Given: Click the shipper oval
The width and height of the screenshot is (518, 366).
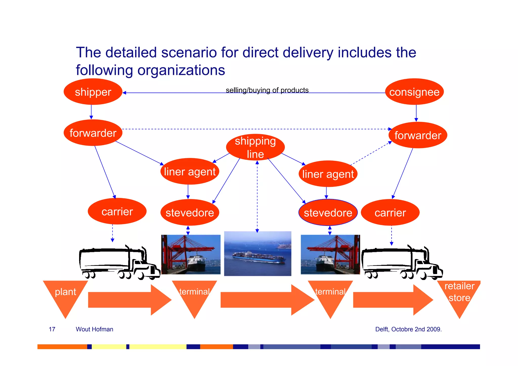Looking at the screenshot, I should tap(93, 92).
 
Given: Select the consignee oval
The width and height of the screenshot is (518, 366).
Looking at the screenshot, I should tap(414, 92).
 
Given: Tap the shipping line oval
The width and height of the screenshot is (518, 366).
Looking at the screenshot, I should tap(255, 147).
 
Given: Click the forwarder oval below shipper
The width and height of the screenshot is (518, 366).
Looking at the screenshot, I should tap(93, 133).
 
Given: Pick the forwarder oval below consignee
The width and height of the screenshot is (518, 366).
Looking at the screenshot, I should tap(418, 135).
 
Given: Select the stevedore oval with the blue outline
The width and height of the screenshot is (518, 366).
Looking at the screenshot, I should tap(328, 213).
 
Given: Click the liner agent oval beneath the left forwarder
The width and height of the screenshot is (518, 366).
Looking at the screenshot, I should tap(190, 172).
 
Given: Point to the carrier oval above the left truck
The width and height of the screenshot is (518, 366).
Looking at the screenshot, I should tap(117, 211).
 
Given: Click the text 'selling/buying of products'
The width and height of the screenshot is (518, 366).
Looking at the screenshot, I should tap(267, 90).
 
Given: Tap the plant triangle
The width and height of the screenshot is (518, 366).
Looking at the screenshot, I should tap(65, 293).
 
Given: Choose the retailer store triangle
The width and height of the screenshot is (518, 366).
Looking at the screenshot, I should tap(459, 293).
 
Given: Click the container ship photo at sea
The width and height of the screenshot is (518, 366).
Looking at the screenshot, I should tap(257, 254).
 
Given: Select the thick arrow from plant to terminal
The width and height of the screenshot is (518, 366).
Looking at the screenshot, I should tap(129, 300).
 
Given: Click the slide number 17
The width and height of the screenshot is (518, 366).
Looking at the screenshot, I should tap(52, 329).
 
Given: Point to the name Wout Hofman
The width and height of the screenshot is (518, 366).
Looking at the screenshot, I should tap(94, 329).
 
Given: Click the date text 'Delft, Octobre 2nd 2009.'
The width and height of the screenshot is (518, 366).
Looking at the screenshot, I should tap(408, 329).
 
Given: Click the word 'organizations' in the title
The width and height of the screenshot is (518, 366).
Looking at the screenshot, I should tap(181, 70).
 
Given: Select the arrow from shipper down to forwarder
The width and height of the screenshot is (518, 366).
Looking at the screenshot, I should tap(91, 112).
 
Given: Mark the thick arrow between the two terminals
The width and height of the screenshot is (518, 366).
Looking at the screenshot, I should tap(267, 300).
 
